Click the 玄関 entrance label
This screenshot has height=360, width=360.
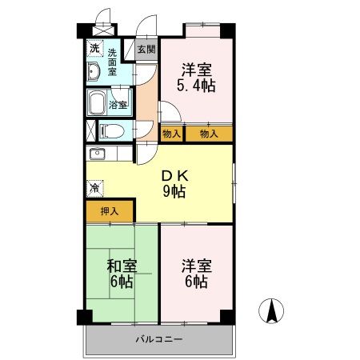pyautogui.click(x=146, y=49)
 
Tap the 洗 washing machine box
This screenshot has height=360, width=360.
pyautogui.click(x=94, y=48)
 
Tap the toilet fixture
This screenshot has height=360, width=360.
pyautogui.click(x=110, y=130)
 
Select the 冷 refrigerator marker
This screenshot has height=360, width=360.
pyautogui.click(x=94, y=190)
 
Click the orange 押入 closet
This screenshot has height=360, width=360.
pyautogui.click(x=110, y=212)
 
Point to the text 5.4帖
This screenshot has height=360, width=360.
pyautogui.click(x=195, y=84)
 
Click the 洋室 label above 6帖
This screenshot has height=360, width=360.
pyautogui.click(x=195, y=265)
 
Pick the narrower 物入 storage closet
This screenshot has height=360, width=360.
pyautogui.click(x=170, y=134)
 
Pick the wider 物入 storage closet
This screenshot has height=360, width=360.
pyautogui.click(x=209, y=134)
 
